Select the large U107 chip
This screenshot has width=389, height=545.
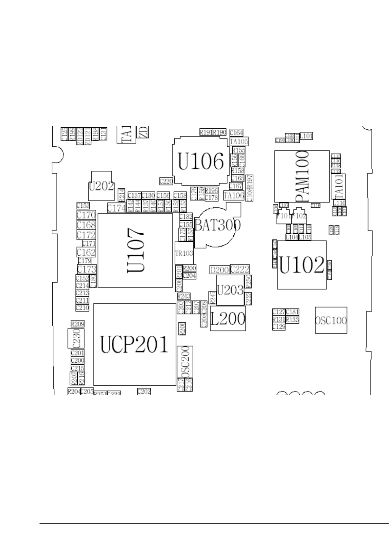point(135,250)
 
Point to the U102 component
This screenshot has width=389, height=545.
point(302,265)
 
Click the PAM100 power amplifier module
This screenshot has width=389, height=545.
point(302,176)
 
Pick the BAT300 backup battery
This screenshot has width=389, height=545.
point(217,225)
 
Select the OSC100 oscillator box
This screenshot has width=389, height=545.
point(331,320)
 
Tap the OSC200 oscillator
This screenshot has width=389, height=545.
point(185,361)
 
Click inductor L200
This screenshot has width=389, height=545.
point(228,318)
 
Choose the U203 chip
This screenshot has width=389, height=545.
point(230,290)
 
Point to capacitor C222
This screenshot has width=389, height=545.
point(240,269)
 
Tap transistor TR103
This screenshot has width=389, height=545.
point(184,253)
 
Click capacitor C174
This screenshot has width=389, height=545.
point(116,208)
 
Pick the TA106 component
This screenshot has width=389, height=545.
point(234,196)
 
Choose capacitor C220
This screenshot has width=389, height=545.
point(166,181)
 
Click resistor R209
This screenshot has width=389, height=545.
point(78,324)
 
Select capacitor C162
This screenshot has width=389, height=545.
point(86,252)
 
